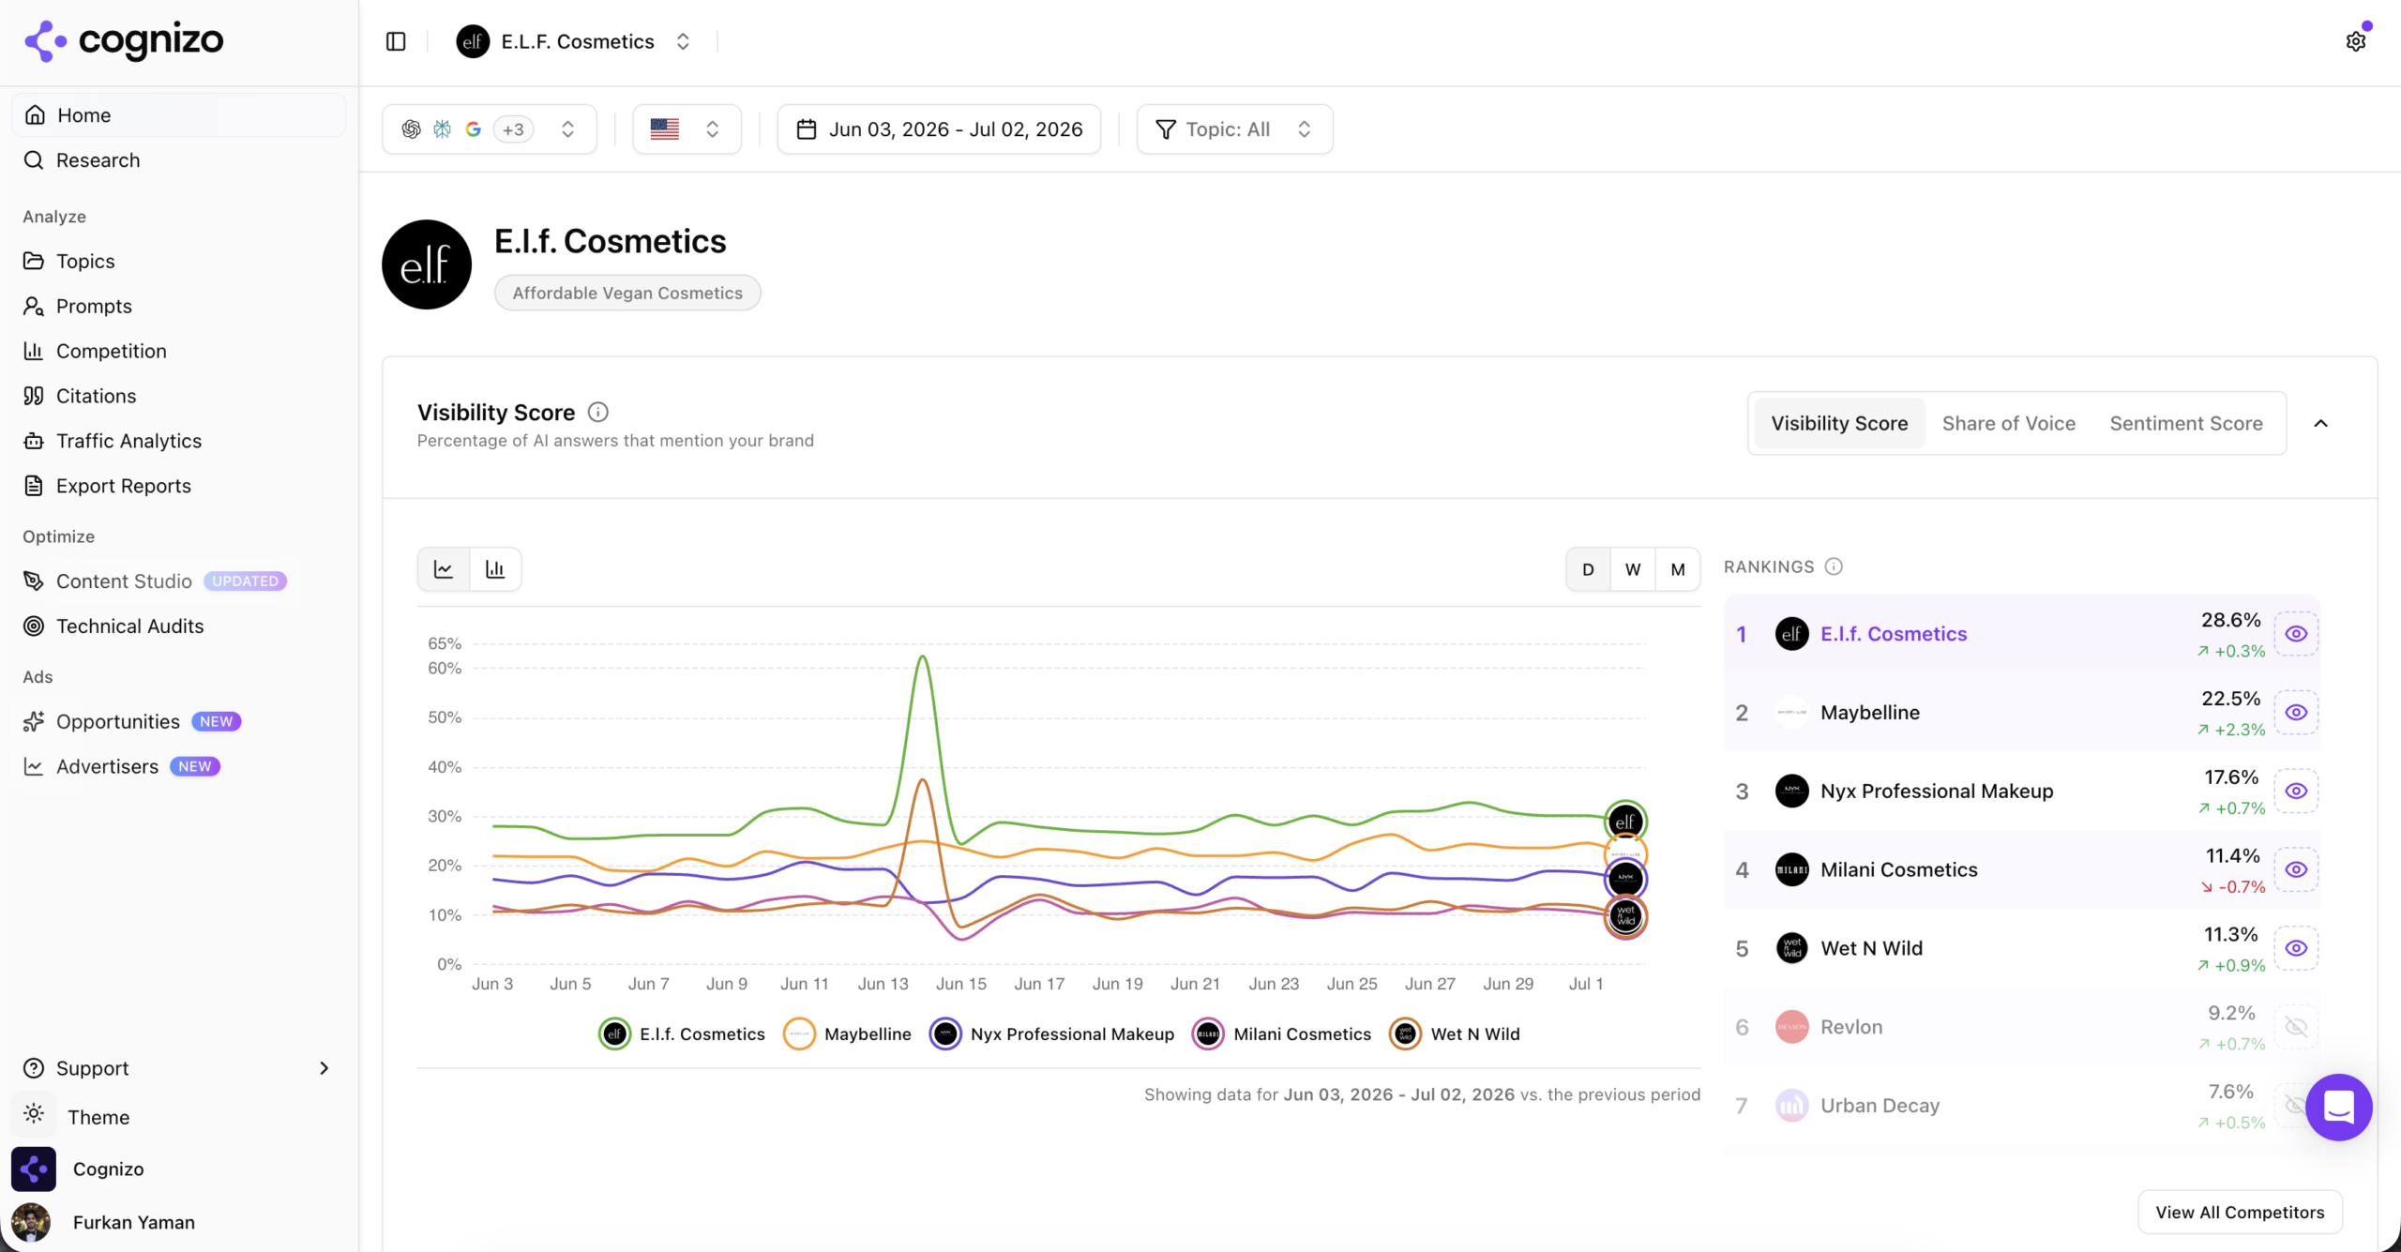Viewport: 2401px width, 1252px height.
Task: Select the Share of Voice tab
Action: click(x=2008, y=423)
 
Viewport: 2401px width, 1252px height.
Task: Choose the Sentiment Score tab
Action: click(x=2185, y=423)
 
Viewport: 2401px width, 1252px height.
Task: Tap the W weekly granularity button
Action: click(x=1633, y=569)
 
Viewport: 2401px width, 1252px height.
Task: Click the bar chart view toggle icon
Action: click(x=495, y=569)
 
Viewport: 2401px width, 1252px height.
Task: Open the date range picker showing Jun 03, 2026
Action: click(x=939, y=129)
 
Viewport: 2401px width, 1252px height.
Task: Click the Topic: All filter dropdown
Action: click(x=1234, y=129)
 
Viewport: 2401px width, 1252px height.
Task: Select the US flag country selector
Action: click(x=687, y=129)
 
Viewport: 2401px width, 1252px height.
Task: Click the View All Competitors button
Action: click(x=2240, y=1212)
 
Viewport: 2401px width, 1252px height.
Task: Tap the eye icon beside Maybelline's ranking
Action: click(x=2295, y=713)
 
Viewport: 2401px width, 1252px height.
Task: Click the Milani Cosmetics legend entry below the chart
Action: click(x=1281, y=1033)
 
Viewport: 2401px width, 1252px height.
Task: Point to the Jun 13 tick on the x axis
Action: click(x=883, y=984)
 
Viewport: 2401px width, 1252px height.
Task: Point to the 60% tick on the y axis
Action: click(x=445, y=668)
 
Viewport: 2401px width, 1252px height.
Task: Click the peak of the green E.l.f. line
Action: click(x=923, y=656)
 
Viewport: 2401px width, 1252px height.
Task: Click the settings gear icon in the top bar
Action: click(x=2355, y=41)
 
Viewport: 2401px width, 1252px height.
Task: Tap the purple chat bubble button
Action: click(x=2338, y=1107)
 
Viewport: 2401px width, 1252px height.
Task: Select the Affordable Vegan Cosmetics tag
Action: click(x=627, y=293)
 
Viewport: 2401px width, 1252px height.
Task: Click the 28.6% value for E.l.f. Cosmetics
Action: click(x=2230, y=620)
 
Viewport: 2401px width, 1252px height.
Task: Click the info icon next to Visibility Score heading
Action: click(x=597, y=412)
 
